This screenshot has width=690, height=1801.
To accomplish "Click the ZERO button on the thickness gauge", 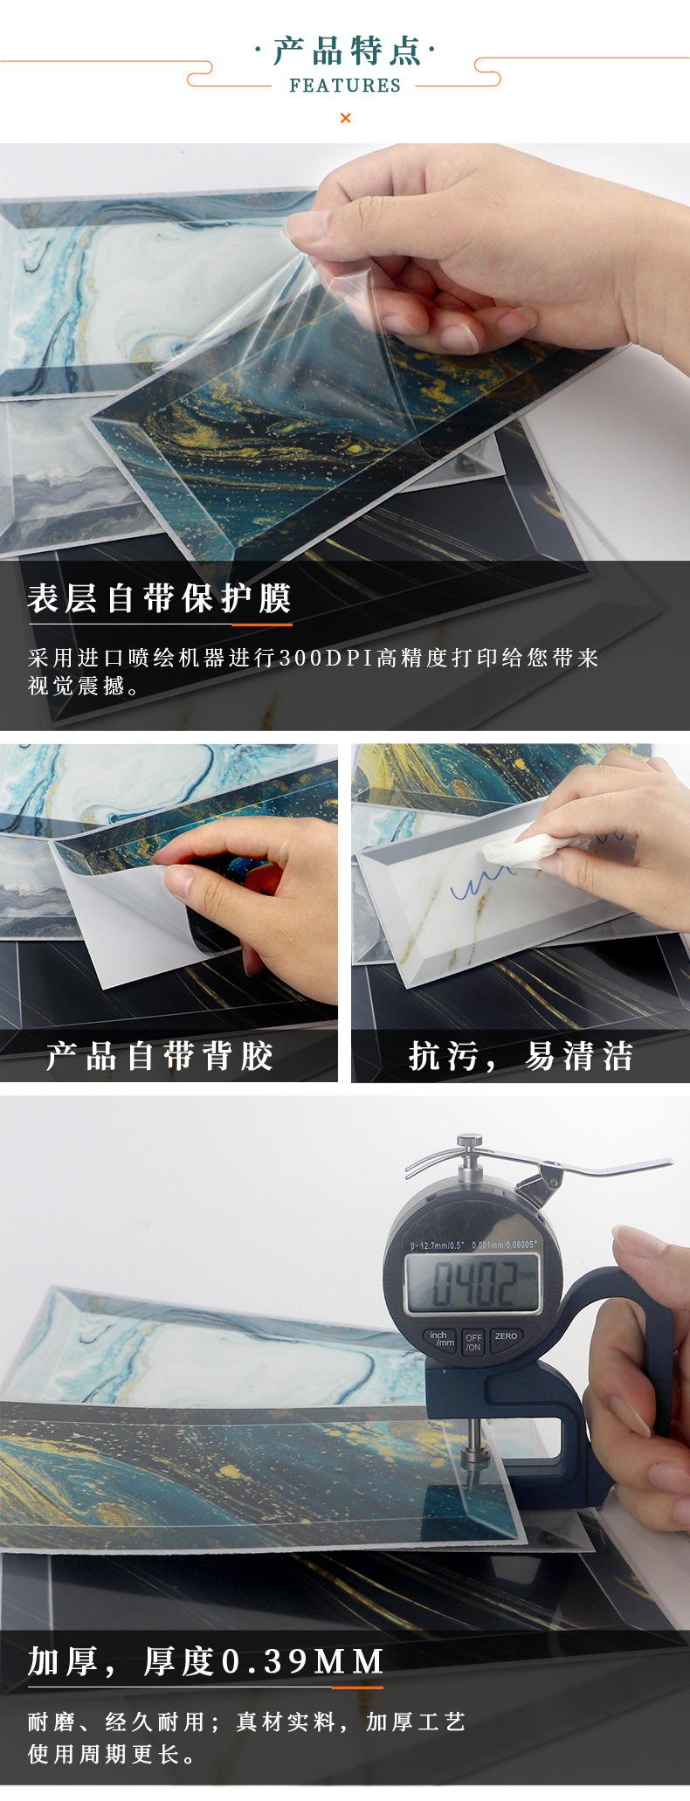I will tap(505, 1335).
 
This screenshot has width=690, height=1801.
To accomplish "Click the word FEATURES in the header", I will tap(345, 86).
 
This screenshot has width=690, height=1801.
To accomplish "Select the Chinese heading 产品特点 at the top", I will tap(346, 51).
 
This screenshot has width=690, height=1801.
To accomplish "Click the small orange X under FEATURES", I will tap(345, 118).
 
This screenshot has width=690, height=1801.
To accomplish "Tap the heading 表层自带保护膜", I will tap(159, 599).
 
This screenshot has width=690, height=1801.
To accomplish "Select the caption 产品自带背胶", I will tap(160, 1056).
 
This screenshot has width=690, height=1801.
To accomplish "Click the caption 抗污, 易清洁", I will tap(521, 1056).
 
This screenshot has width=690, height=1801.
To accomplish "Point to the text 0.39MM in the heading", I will tap(304, 1661).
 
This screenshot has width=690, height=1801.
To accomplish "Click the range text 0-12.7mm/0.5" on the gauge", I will tap(435, 1244).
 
